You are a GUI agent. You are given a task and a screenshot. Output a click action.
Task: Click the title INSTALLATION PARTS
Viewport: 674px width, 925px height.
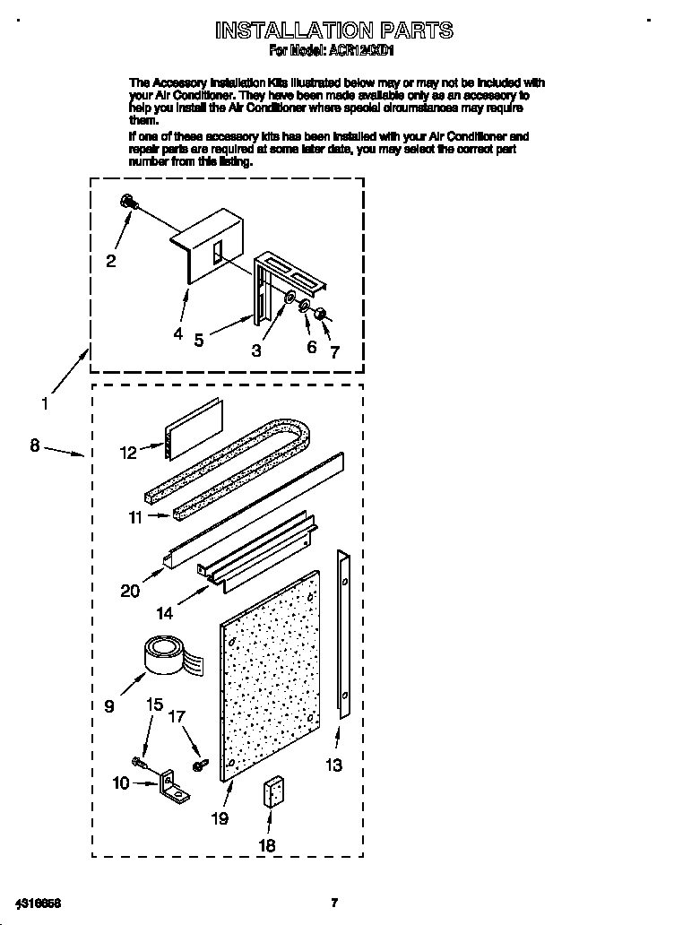pyautogui.click(x=333, y=30)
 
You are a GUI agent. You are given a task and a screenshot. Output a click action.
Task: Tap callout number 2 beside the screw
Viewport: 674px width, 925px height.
pyautogui.click(x=110, y=261)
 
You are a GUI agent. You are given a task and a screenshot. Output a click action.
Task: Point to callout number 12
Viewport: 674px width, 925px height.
pyautogui.click(x=128, y=453)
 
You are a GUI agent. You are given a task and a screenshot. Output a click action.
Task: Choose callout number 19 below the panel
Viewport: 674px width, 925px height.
pyautogui.click(x=220, y=817)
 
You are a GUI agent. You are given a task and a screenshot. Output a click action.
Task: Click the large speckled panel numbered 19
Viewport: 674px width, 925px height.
pyautogui.click(x=269, y=677)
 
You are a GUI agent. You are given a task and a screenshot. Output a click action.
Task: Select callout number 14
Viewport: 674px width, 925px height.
pyautogui.click(x=164, y=615)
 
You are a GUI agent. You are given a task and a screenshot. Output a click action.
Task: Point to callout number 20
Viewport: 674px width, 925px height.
pyautogui.click(x=130, y=590)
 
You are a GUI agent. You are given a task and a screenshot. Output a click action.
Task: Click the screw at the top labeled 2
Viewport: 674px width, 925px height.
pyautogui.click(x=129, y=203)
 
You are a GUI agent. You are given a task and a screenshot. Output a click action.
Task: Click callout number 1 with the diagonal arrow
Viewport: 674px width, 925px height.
pyautogui.click(x=45, y=404)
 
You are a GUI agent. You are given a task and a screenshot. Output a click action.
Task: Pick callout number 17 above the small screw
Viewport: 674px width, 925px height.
pyautogui.click(x=177, y=717)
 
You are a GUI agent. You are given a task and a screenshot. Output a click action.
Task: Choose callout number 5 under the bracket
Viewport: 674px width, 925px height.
pyautogui.click(x=198, y=340)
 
